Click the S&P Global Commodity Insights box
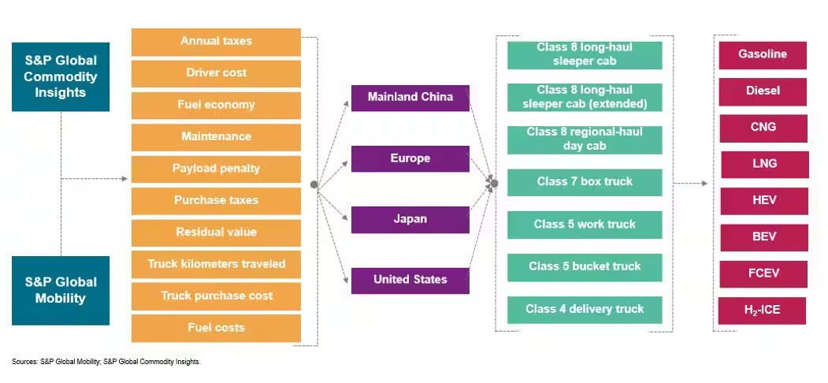[61, 76]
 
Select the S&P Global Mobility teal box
[61, 290]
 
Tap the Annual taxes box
[216, 41]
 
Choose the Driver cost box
[216, 73]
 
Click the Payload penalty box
[216, 169]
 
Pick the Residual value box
[216, 232]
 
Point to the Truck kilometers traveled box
[216, 264]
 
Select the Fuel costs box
[216, 328]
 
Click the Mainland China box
[410, 98]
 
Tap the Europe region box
[410, 158]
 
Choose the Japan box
[410, 219]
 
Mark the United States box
[410, 280]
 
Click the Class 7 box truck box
[585, 182]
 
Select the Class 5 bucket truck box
[585, 267]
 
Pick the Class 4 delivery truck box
[585, 310]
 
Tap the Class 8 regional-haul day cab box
[585, 139]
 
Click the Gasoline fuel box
[763, 55]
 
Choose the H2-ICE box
[763, 310]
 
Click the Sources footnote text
[106, 362]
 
